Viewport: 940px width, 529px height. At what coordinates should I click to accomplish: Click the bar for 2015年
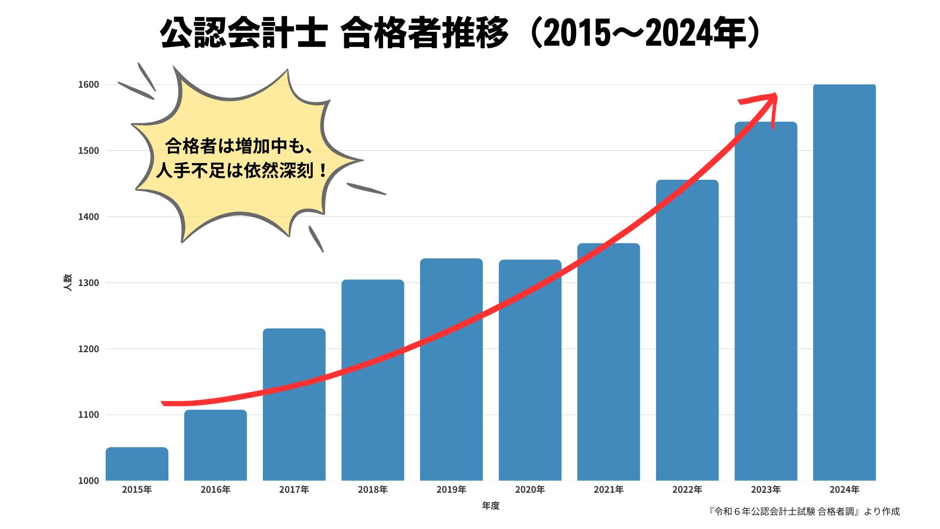pyautogui.click(x=137, y=464)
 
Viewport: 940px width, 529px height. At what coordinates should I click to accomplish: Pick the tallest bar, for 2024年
pyautogui.click(x=844, y=282)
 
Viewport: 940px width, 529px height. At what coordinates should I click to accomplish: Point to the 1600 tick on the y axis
pyautogui.click(x=89, y=85)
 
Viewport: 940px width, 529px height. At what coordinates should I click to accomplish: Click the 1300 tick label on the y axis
pyautogui.click(x=89, y=283)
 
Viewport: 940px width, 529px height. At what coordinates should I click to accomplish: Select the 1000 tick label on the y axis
pyautogui.click(x=89, y=481)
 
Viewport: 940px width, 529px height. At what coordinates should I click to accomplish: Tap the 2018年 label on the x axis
pyautogui.click(x=373, y=490)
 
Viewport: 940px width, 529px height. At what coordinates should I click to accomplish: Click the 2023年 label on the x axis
pyautogui.click(x=766, y=490)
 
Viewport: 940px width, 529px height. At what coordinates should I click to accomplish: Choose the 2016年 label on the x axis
pyautogui.click(x=215, y=490)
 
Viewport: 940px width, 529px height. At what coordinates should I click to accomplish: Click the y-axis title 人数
pyautogui.click(x=68, y=283)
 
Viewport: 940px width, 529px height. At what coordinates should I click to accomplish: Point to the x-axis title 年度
pyautogui.click(x=491, y=506)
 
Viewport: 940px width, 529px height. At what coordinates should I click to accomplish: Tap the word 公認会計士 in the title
pyautogui.click(x=243, y=33)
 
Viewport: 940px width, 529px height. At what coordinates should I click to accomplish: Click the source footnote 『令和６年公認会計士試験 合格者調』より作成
pyautogui.click(x=804, y=512)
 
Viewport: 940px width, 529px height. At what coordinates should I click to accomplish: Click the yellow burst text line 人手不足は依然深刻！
pyautogui.click(x=242, y=170)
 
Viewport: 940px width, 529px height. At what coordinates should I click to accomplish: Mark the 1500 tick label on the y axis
pyautogui.click(x=89, y=151)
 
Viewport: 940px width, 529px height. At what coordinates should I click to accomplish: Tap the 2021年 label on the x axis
pyautogui.click(x=609, y=490)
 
